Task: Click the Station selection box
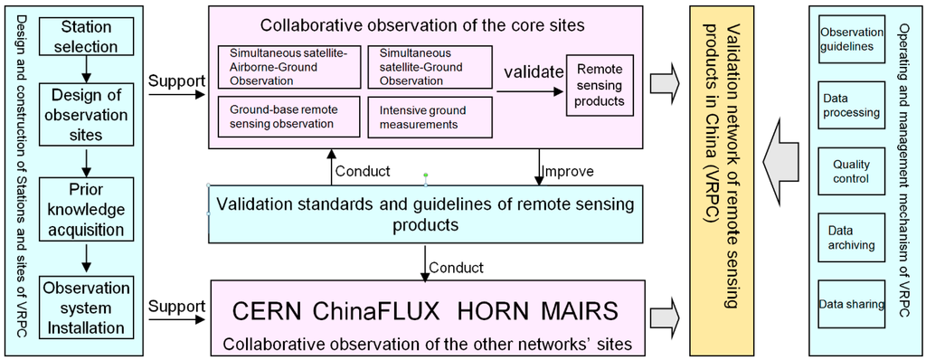[x=82, y=35]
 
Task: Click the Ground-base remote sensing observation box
[x=288, y=118]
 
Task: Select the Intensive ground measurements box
[x=428, y=118]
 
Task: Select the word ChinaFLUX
[x=379, y=310]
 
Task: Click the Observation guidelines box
[x=851, y=39]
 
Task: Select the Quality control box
[x=851, y=171]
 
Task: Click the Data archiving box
[x=851, y=238]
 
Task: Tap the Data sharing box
[x=851, y=305]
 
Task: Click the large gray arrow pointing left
[x=783, y=159]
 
